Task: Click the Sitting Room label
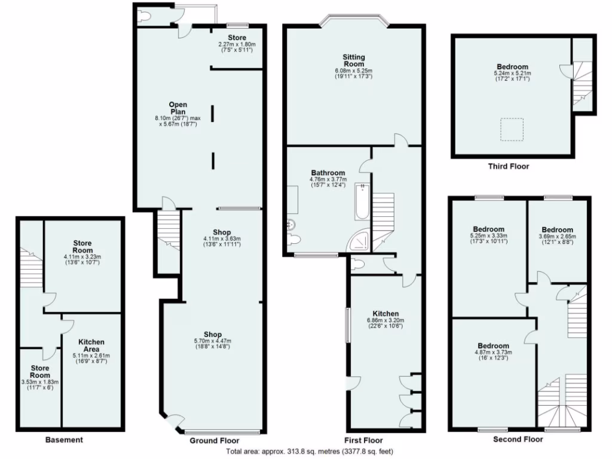click(353, 60)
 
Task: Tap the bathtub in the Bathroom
click(363, 203)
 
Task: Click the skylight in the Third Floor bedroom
click(512, 129)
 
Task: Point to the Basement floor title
click(64, 440)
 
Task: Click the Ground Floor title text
click(210, 440)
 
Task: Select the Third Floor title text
click(508, 166)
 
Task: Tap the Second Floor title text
click(518, 439)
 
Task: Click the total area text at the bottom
click(310, 451)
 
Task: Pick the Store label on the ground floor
click(237, 38)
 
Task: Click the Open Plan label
click(177, 108)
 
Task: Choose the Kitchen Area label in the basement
click(91, 345)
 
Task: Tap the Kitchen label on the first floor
click(385, 314)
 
